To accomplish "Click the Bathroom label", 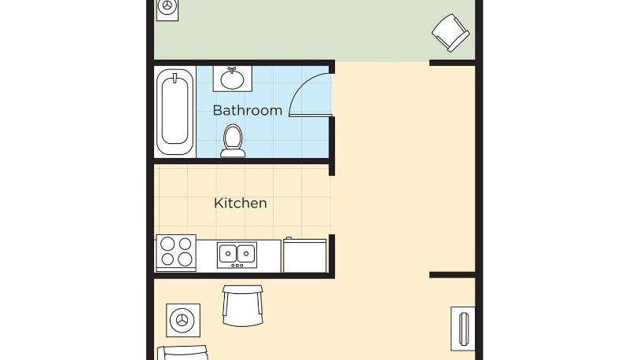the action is click(x=248, y=110).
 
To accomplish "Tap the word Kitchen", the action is click(x=241, y=204).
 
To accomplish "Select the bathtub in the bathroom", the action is click(x=175, y=112).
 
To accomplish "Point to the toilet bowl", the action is click(x=233, y=136).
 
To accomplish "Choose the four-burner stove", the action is click(x=176, y=252).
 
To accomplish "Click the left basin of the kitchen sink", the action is click(x=227, y=253).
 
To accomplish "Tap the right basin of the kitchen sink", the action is click(x=246, y=253).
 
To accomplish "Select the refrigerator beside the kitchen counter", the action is click(x=305, y=255).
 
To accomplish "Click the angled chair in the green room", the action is click(x=451, y=33).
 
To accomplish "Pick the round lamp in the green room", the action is click(x=167, y=6).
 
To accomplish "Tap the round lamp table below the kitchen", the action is click(x=183, y=321).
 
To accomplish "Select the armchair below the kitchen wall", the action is click(x=242, y=306).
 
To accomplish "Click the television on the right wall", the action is click(x=463, y=329).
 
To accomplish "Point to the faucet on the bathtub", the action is click(x=175, y=78).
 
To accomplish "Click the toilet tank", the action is click(x=233, y=152).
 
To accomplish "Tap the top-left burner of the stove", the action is click(x=167, y=244).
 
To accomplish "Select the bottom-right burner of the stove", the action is click(x=185, y=259).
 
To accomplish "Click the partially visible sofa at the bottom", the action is click(x=183, y=353).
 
